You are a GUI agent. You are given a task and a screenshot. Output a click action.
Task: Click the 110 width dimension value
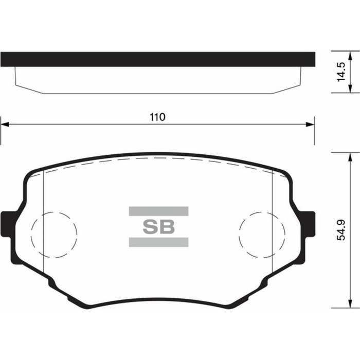pos(157,117)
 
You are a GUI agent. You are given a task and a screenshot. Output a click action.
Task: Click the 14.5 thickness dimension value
pos(340,73)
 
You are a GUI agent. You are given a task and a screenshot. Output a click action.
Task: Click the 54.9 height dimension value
pos(340,230)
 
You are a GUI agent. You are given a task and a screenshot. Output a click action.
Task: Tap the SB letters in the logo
pos(158,226)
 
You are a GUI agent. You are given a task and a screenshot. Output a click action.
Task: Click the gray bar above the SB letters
pos(158,211)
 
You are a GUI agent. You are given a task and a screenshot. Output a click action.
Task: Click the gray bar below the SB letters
pos(158,242)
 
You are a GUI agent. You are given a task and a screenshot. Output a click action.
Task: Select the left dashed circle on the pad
pos(54,235)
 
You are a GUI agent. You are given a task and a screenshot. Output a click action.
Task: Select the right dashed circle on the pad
pos(262,235)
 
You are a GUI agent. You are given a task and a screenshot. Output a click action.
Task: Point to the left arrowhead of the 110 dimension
pos(4,124)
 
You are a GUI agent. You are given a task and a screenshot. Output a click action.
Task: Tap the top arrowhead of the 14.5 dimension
pos(351,55)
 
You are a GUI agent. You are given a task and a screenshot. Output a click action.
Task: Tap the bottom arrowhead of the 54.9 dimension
pos(351,304)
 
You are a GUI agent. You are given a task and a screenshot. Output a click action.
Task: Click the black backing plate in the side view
pos(157,59)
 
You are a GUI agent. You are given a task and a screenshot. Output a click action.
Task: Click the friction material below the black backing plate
pos(157,80)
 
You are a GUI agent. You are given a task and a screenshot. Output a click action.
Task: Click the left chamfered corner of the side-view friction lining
pos(29,89)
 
